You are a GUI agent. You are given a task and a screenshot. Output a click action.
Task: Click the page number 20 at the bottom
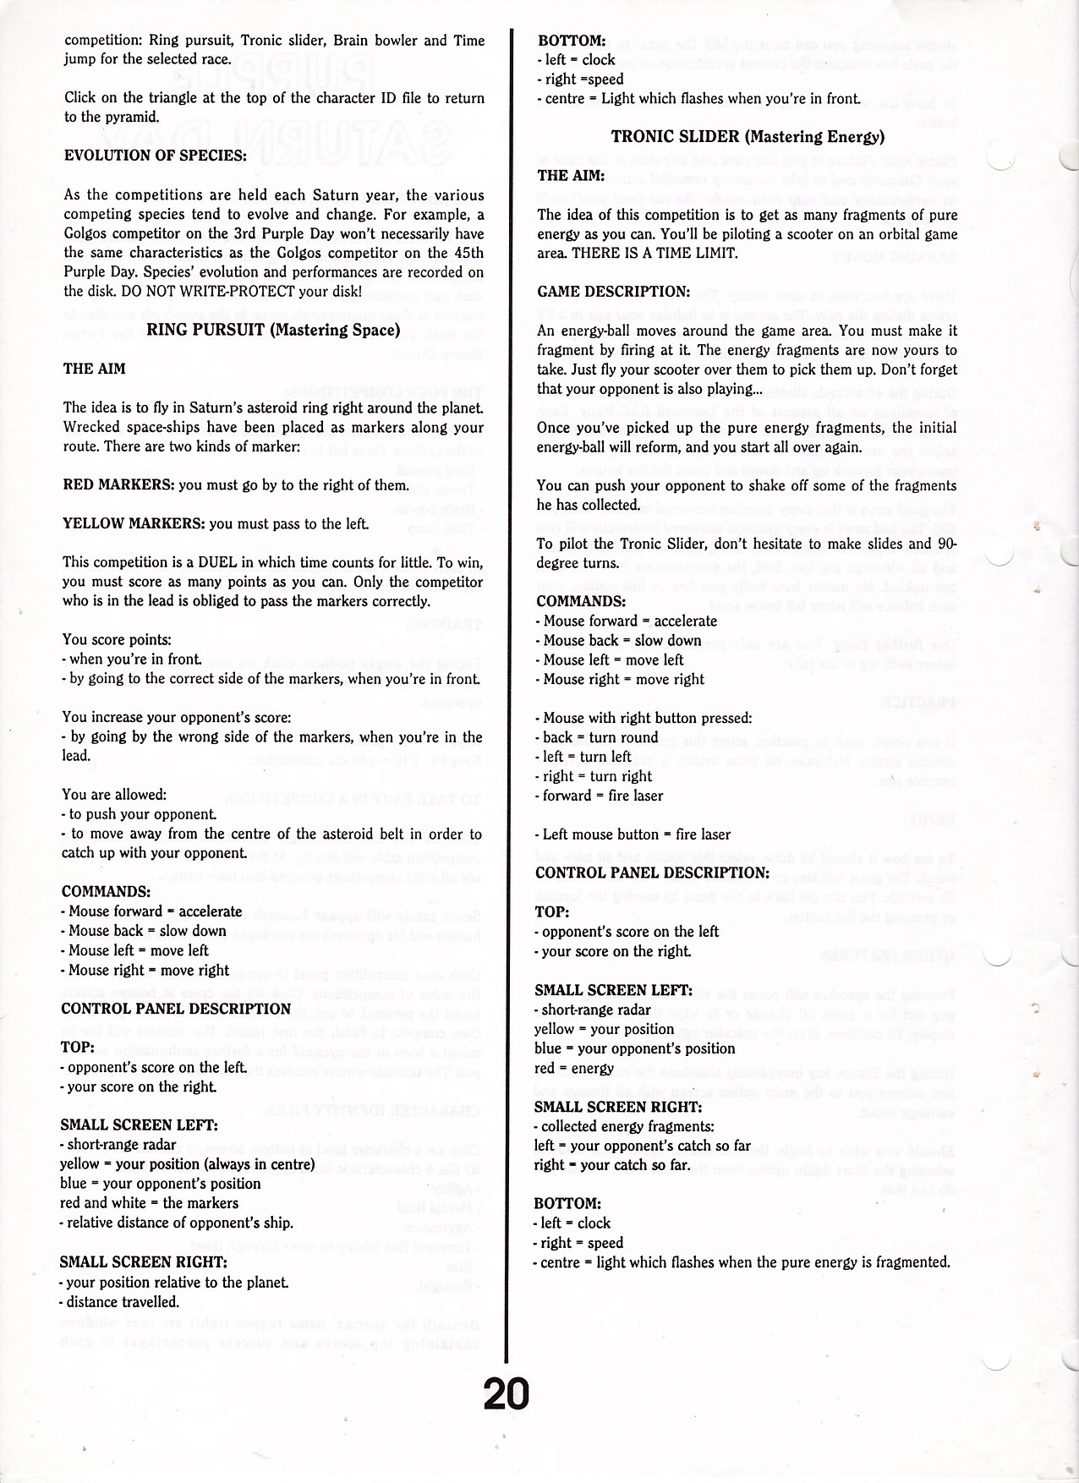coord(506,1393)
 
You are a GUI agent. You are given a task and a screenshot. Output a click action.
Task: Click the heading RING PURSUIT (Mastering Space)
coord(273,330)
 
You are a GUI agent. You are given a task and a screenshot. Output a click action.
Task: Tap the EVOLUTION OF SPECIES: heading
coord(156,156)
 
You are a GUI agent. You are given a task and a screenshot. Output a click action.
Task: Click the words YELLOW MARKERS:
coord(134,523)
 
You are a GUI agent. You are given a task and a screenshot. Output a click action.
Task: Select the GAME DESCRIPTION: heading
coord(614,292)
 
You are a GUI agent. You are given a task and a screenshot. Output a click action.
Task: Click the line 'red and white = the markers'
coord(149,1203)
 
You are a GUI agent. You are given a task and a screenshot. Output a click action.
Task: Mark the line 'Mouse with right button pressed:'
coord(644,718)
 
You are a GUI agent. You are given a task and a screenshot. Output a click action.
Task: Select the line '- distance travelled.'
coord(119,1301)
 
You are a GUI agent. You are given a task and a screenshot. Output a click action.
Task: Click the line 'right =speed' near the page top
coord(581,79)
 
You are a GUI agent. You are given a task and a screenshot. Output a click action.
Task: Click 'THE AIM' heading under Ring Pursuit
coord(95,369)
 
